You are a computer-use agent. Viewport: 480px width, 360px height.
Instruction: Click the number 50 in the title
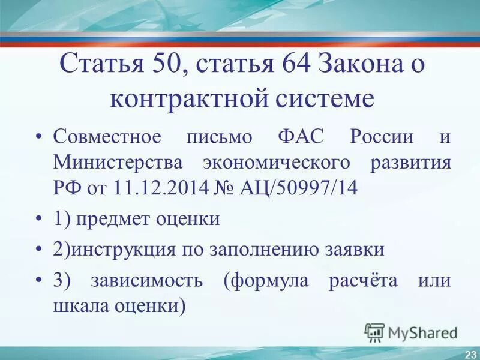[161, 64]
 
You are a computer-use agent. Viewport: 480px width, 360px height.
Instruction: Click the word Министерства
[119, 163]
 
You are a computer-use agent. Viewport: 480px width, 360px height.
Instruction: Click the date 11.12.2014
[158, 188]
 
